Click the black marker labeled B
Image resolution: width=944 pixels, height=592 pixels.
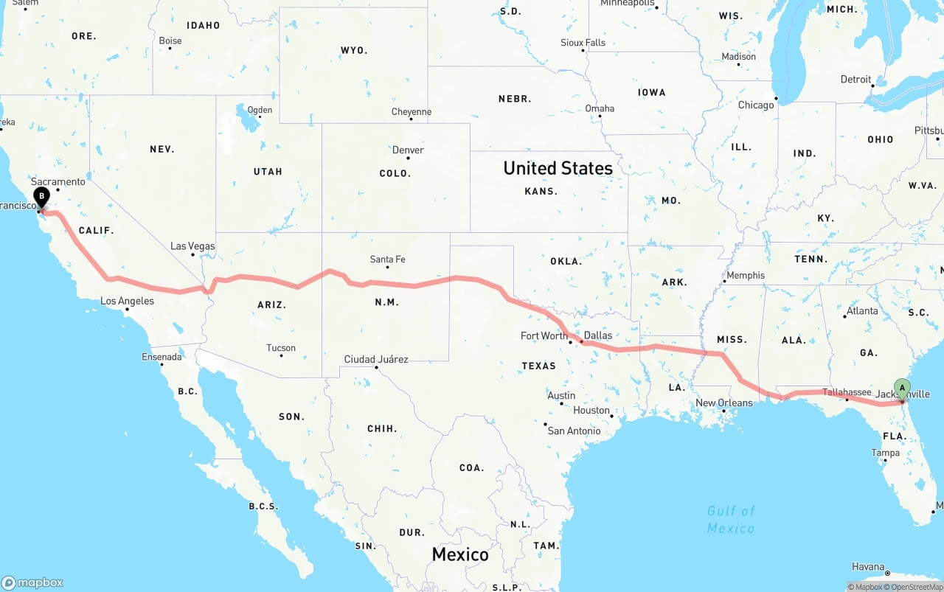[42, 198]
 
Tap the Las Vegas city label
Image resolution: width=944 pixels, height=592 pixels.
[192, 246]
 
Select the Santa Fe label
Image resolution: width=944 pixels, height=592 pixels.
[387, 260]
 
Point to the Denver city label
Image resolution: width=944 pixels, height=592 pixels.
[408, 150]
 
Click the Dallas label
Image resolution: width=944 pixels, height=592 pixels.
[597, 335]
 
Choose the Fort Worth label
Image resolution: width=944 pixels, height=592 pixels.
[544, 336]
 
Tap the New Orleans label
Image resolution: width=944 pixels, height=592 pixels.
[724, 403]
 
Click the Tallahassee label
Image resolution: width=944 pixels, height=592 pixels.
[847, 393]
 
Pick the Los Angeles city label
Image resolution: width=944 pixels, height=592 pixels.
[127, 301]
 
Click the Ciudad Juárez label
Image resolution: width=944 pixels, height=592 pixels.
[376, 360]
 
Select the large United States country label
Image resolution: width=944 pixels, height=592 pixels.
[558, 168]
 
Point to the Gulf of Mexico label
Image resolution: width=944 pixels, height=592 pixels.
[731, 520]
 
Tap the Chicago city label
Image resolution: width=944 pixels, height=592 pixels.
[756, 105]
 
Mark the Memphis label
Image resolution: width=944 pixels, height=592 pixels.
[746, 276]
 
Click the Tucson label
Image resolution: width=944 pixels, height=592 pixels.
[281, 348]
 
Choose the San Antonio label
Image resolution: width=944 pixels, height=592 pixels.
[574, 431]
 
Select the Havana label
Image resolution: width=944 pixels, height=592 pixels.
[868, 567]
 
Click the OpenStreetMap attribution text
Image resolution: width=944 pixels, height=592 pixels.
[917, 588]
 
